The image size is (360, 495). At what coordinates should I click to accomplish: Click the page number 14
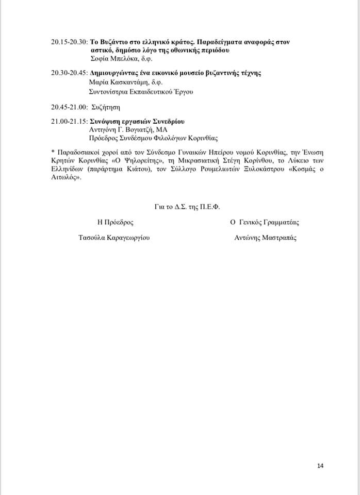(320, 466)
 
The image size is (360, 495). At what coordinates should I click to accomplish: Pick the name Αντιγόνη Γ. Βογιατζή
(124, 130)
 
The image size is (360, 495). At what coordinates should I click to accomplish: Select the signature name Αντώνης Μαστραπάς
(266, 238)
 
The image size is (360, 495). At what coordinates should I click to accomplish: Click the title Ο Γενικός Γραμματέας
(265, 222)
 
